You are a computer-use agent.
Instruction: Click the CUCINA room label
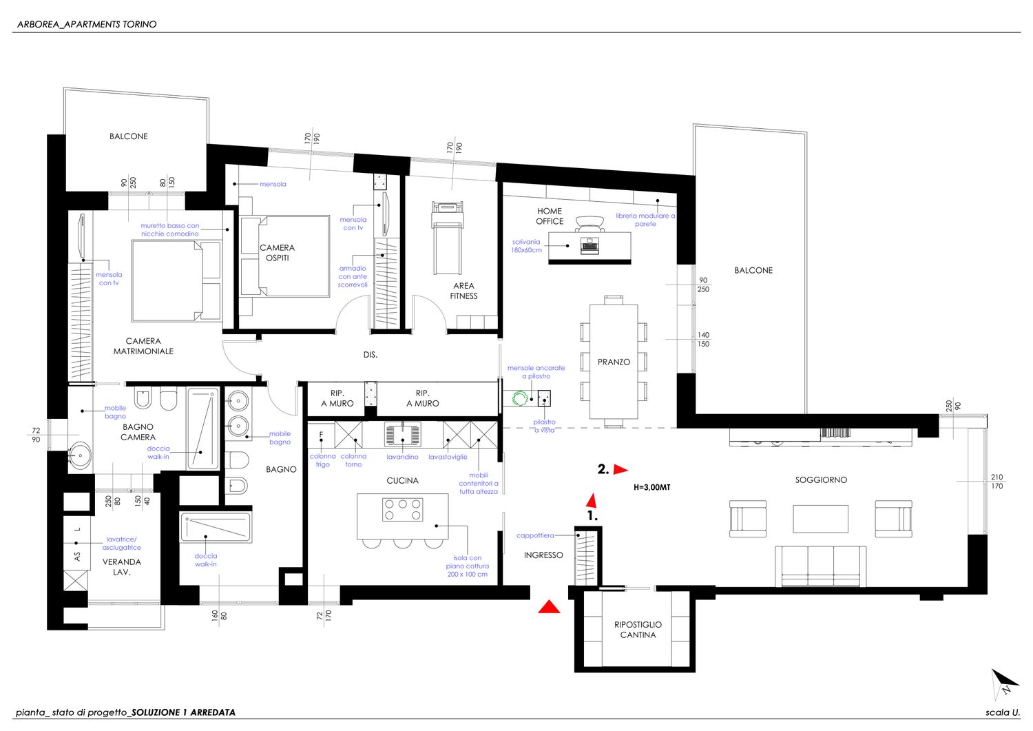(x=402, y=480)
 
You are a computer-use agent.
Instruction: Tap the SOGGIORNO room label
(x=821, y=480)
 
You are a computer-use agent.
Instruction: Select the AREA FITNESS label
(x=463, y=291)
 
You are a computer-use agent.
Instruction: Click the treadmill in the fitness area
(x=447, y=238)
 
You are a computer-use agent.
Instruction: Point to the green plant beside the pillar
(x=520, y=398)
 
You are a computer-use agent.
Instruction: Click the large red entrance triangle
(x=549, y=607)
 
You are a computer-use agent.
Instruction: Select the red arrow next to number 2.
(x=620, y=470)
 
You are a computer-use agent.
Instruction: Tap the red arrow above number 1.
(x=592, y=500)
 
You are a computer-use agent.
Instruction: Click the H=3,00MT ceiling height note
(x=651, y=487)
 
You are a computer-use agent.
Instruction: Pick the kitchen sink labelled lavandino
(x=403, y=434)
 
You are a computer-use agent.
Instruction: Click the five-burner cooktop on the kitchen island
(x=403, y=509)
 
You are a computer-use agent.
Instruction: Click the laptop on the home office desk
(x=589, y=245)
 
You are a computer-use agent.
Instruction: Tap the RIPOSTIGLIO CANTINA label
(x=638, y=630)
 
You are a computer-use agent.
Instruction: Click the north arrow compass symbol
(x=1004, y=683)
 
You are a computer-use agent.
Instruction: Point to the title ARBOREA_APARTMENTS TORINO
(x=87, y=25)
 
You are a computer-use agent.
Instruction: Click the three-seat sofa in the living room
(x=820, y=566)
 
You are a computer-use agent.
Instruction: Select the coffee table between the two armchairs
(x=820, y=519)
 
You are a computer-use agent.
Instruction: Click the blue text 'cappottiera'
(x=535, y=535)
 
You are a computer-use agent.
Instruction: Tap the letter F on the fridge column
(x=321, y=435)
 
